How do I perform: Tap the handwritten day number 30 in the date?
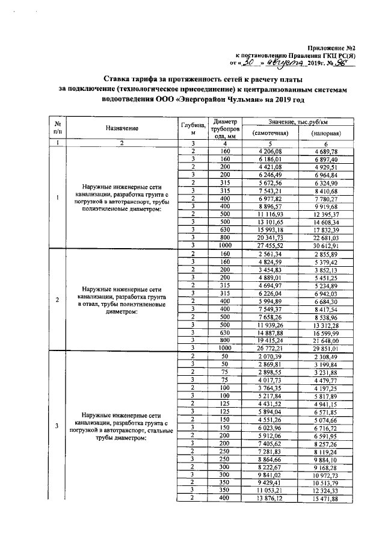click(x=245, y=61)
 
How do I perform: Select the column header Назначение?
click(x=122, y=128)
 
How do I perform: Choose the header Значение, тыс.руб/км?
click(x=299, y=121)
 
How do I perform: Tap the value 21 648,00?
click(x=326, y=340)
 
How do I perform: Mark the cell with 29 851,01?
click(x=326, y=348)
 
